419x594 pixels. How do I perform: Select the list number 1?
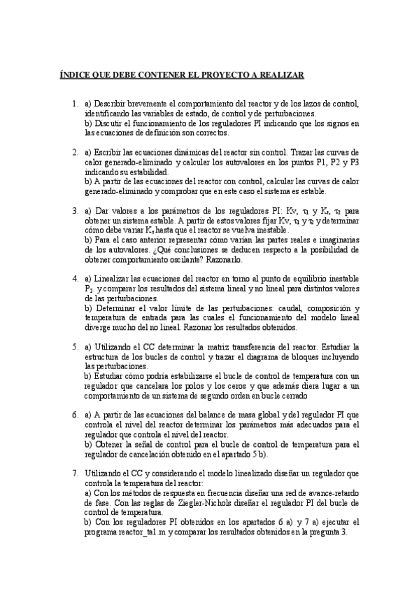coord(74,104)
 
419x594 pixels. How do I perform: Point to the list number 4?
coord(74,278)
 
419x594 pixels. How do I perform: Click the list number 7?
coord(74,474)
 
